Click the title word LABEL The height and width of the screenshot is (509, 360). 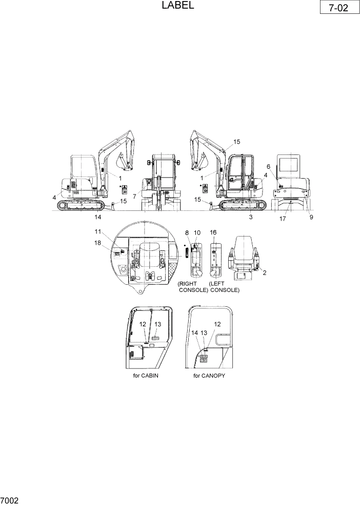click(x=177, y=6)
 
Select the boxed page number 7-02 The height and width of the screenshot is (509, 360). click(x=338, y=9)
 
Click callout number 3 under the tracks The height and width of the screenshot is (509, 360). click(x=251, y=217)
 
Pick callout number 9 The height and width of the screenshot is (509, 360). click(x=311, y=217)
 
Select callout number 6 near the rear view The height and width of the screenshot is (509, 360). click(x=268, y=166)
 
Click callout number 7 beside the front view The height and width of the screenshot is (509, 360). click(x=134, y=197)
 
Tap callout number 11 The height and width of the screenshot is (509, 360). click(x=97, y=232)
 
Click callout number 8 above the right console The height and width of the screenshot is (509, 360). click(x=187, y=232)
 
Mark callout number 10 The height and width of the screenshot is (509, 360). click(x=197, y=232)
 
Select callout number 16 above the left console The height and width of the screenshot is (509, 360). click(x=213, y=232)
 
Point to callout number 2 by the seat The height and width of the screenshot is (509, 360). click(x=264, y=273)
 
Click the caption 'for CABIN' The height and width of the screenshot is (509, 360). click(x=146, y=376)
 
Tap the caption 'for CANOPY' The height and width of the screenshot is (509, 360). click(x=209, y=376)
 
